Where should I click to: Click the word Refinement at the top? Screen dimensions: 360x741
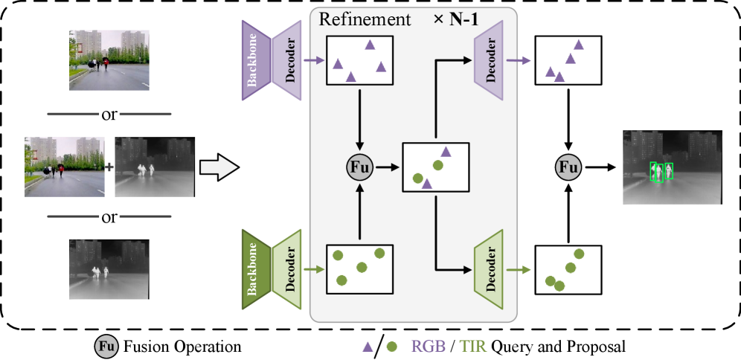coord(365,19)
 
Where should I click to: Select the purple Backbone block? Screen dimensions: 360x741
coord(254,60)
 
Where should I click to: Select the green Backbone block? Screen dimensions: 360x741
coord(254,269)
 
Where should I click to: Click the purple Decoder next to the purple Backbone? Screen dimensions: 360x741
coord(289,60)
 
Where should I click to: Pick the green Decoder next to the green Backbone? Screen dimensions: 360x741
coord(289,269)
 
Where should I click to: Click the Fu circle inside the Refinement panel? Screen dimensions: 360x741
coord(359,168)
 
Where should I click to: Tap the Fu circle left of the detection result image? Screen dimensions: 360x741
coord(568,169)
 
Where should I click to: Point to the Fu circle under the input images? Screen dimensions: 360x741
coord(106,346)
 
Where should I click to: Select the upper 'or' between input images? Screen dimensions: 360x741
coord(109,114)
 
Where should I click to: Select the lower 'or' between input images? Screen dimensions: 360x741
coord(109,217)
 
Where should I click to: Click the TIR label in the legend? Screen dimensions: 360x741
coord(472,346)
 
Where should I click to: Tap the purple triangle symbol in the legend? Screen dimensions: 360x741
coord(368,346)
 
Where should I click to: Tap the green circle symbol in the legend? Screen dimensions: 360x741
coord(392,346)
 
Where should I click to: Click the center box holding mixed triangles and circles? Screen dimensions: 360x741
coord(435,167)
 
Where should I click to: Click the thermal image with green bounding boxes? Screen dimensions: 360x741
coord(673,167)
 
